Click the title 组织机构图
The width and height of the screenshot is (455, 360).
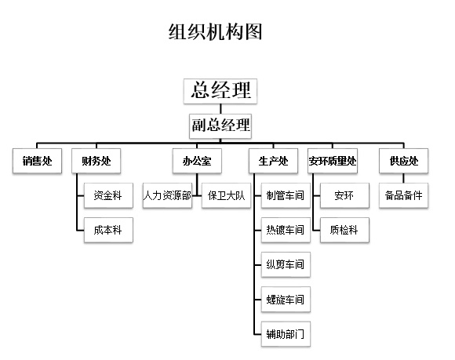[x=214, y=32]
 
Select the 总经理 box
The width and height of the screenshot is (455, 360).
[x=220, y=89]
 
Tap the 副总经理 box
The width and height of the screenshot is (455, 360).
[x=220, y=125]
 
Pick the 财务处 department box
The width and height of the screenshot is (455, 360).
[x=96, y=162]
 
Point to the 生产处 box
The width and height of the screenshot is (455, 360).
[x=273, y=162]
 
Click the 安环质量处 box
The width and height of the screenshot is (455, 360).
[x=333, y=162]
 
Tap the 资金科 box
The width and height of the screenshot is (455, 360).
[x=107, y=195]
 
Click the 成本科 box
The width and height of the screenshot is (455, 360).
[x=107, y=229]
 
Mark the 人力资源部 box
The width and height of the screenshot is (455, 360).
[x=167, y=195]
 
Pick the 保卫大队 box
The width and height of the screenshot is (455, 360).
[x=224, y=195]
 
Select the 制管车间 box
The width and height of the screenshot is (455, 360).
[x=285, y=195]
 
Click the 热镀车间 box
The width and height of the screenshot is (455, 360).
[x=285, y=230]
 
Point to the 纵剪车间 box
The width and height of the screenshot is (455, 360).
[x=285, y=264]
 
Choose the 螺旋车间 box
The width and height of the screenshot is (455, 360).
[x=285, y=299]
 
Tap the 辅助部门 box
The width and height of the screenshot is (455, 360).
[x=285, y=333]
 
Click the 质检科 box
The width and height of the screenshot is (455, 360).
[x=344, y=229]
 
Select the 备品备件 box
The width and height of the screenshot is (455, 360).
[x=403, y=195]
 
